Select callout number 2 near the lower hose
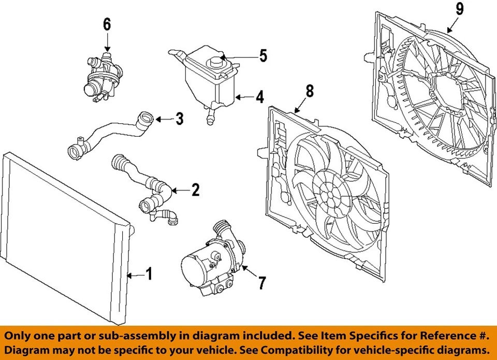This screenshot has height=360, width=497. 195,190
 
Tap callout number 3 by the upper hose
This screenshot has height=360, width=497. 179,119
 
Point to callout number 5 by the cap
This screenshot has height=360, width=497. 263,56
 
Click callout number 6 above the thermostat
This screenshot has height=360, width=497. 107,24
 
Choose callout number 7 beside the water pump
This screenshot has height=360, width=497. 262,283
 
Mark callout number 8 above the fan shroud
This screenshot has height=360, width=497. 309,92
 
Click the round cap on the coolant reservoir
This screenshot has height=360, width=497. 214,62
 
